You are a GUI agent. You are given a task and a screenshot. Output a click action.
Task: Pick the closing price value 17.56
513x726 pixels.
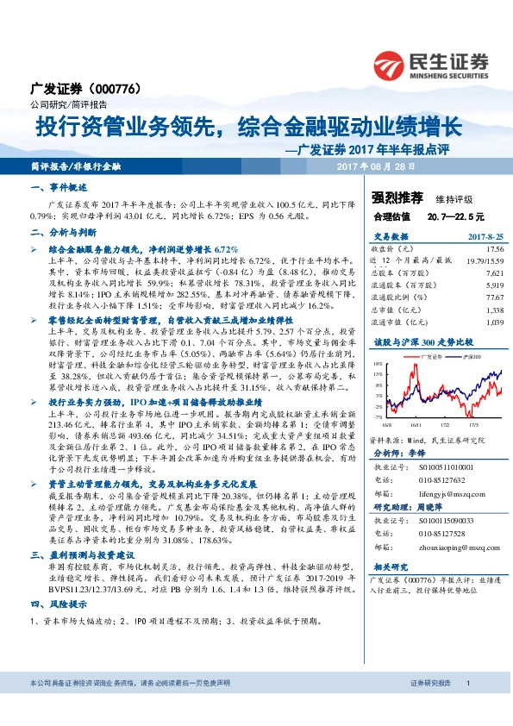coord(496,248)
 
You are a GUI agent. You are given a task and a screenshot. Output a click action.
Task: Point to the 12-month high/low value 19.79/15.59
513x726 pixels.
coord(486,259)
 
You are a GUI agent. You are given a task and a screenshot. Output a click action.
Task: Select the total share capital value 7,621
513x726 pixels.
coord(496,271)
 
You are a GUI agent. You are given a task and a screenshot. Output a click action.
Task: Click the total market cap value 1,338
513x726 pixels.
coord(496,308)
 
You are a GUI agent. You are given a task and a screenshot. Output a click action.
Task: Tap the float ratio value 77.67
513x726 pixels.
coord(495,296)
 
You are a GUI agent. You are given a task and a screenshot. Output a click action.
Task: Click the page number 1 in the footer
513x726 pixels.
coord(467,707)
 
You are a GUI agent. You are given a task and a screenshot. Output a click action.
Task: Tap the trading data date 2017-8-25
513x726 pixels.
coord(485,235)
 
